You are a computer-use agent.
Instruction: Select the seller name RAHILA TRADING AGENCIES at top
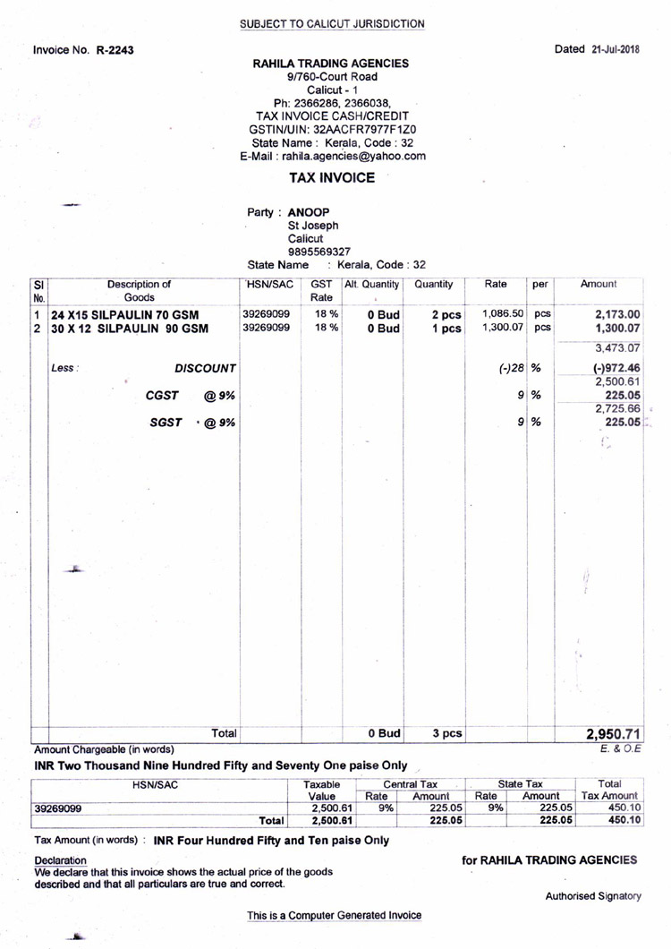tap(331, 64)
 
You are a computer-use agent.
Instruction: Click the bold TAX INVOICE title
tap(332, 178)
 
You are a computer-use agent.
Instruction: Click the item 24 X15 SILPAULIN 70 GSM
tap(124, 315)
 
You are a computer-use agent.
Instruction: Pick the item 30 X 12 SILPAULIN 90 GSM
tap(129, 329)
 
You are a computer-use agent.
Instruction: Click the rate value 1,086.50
tap(502, 314)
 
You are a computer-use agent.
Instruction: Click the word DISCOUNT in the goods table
tap(205, 368)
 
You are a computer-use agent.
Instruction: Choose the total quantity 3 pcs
tap(446, 734)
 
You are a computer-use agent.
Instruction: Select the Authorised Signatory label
tap(593, 896)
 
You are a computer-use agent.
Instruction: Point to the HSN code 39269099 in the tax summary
tap(57, 808)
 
